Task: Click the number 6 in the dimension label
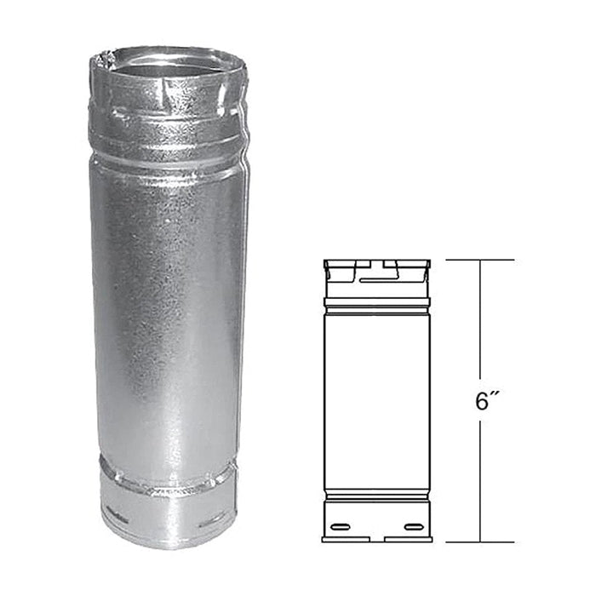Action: pyautogui.click(x=482, y=401)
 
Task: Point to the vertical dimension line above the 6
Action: pyautogui.click(x=480, y=324)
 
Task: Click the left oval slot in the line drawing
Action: pyautogui.click(x=339, y=527)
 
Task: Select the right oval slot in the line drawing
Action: pyautogui.click(x=415, y=527)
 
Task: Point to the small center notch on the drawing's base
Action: pyautogui.click(x=376, y=539)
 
